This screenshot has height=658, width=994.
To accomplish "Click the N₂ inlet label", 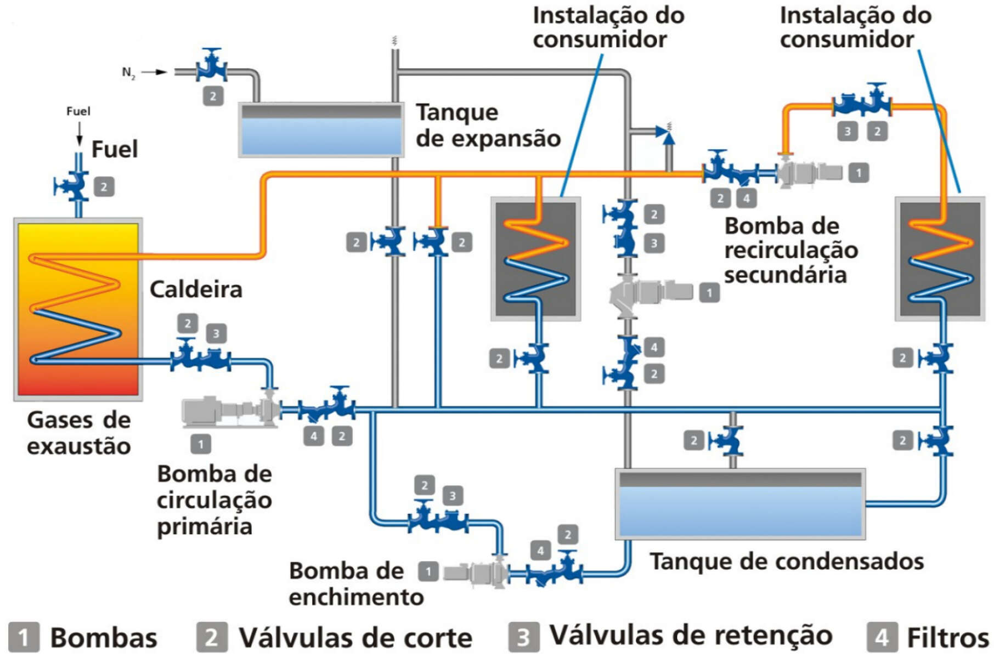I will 128,72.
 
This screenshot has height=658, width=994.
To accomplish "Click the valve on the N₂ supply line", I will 212,67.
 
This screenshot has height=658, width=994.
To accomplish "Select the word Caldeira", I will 196,290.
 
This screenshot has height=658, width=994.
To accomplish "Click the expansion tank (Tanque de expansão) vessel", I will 321,130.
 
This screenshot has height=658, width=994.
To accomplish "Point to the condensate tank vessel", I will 740,504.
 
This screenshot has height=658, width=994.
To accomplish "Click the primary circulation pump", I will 230,410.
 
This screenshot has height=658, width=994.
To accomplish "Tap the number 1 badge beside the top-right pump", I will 859,173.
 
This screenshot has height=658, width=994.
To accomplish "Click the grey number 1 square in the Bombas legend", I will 24,637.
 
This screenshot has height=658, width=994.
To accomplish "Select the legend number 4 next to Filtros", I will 882,637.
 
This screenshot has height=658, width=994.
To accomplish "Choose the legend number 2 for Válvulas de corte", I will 212,637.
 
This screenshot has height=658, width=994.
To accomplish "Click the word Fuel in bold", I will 114,149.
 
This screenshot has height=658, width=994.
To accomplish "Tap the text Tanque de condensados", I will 787,561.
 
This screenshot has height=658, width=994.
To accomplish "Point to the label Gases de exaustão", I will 79,433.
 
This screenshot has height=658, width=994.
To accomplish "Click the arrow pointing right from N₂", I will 155,72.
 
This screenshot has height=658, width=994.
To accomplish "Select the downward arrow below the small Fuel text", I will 80,134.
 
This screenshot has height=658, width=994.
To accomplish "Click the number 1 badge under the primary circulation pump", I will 200,444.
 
